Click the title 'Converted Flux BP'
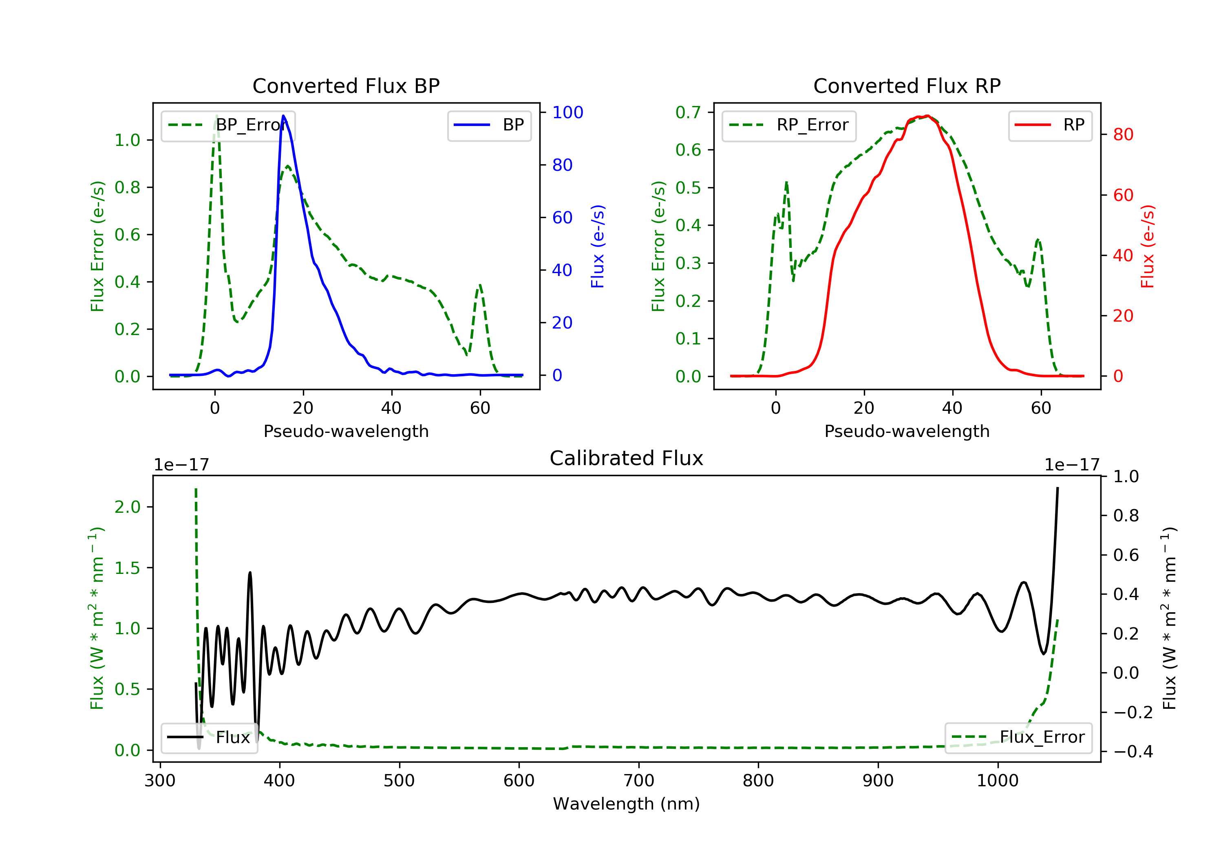point(346,86)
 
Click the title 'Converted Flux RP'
point(907,86)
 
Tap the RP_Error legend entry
point(789,125)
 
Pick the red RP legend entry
point(1050,125)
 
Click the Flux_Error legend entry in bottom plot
point(1018,737)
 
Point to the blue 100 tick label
point(567,113)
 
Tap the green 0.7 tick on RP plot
point(688,113)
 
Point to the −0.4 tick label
point(1132,752)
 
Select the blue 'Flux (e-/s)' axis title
point(598,246)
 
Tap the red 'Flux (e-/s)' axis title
point(1147,246)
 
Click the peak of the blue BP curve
point(283,116)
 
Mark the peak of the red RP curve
point(927,116)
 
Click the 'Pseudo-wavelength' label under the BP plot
point(346,431)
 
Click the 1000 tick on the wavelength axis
point(997,781)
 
